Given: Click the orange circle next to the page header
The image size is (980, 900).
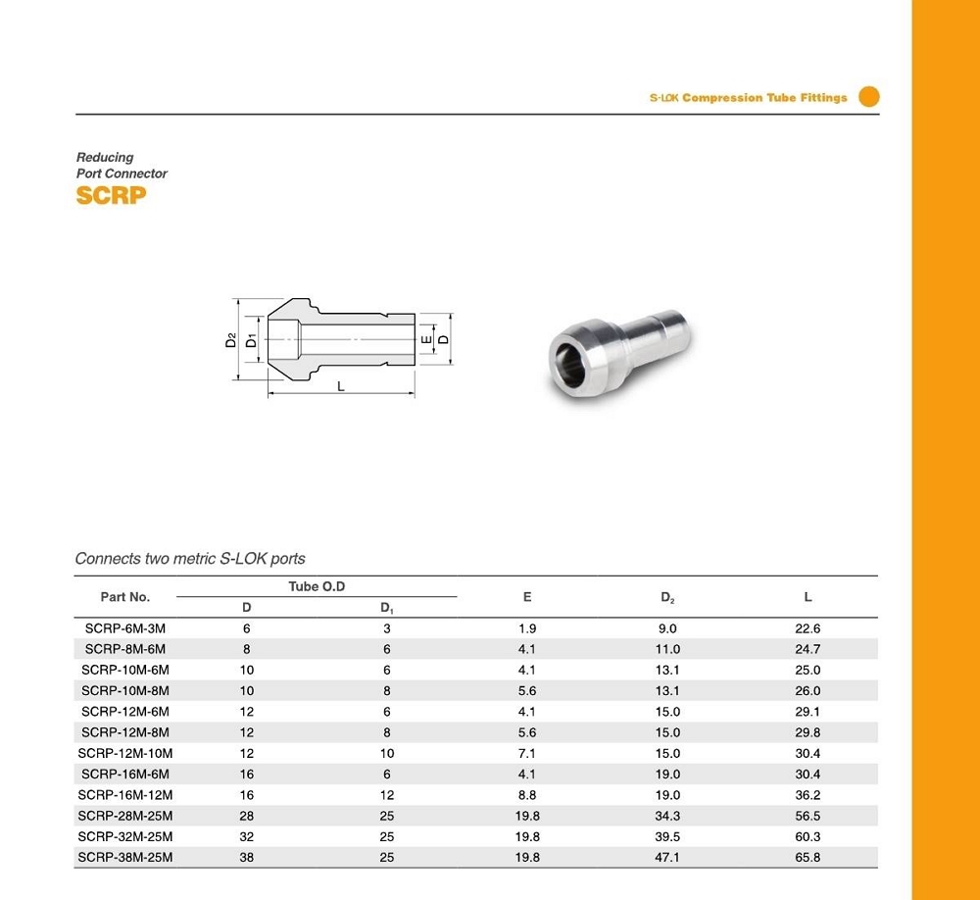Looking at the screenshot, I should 868,96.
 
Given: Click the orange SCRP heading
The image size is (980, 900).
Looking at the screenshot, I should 111,195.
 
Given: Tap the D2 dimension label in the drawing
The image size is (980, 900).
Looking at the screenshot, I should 230,340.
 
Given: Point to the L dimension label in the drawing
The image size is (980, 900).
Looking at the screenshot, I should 341,386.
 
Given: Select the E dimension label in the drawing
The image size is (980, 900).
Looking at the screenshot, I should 425,339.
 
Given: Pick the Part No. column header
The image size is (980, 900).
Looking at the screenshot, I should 125,596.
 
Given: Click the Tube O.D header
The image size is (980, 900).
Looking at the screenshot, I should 317,586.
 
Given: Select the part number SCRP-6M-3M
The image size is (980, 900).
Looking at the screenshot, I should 125,628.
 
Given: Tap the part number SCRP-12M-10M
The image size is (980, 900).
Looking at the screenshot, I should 125,753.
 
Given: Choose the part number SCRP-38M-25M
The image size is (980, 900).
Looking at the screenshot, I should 125,857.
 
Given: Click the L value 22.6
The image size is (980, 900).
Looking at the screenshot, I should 808,628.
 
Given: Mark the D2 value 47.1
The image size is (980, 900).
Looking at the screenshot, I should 667,857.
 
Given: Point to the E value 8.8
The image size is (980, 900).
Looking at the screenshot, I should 527,795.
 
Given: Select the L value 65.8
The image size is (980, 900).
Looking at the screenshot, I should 808,857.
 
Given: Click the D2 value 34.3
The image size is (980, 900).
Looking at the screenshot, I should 667,816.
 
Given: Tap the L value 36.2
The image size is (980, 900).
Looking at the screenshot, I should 808,795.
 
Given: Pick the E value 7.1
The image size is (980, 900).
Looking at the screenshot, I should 527,753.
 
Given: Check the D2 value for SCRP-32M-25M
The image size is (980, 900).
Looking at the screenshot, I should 667,836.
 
